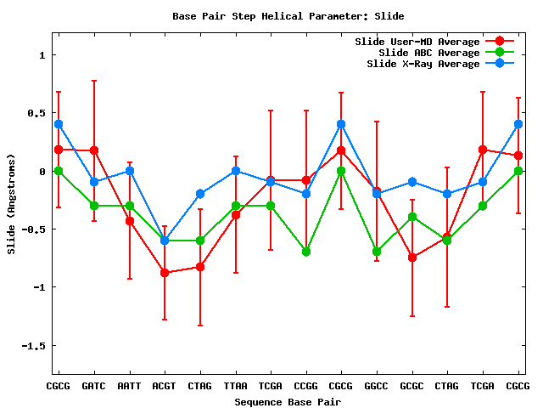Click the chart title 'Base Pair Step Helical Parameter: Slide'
288,16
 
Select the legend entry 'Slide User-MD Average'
417,42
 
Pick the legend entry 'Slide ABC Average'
428,53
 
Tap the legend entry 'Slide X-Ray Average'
423,64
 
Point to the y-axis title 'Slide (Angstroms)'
11,203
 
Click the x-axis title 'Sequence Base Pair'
288,401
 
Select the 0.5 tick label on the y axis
35,113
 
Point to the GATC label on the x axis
93,387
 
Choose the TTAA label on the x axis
235,387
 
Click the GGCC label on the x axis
377,387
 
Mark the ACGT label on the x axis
165,387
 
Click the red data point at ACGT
165,273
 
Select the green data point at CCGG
305,252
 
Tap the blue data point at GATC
93,182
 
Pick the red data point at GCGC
412,257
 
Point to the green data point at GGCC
377,252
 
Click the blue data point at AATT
129,171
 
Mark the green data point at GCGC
412,217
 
